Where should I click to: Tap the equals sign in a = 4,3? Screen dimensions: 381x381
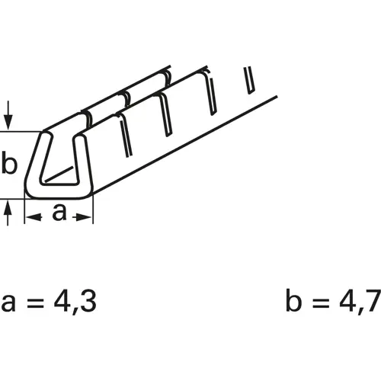click(x=34, y=304)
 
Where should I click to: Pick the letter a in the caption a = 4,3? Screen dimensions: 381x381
click(x=10, y=304)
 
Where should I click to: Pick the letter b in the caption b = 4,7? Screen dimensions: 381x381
click(x=293, y=302)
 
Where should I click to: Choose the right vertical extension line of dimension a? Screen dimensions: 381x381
click(x=93, y=210)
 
